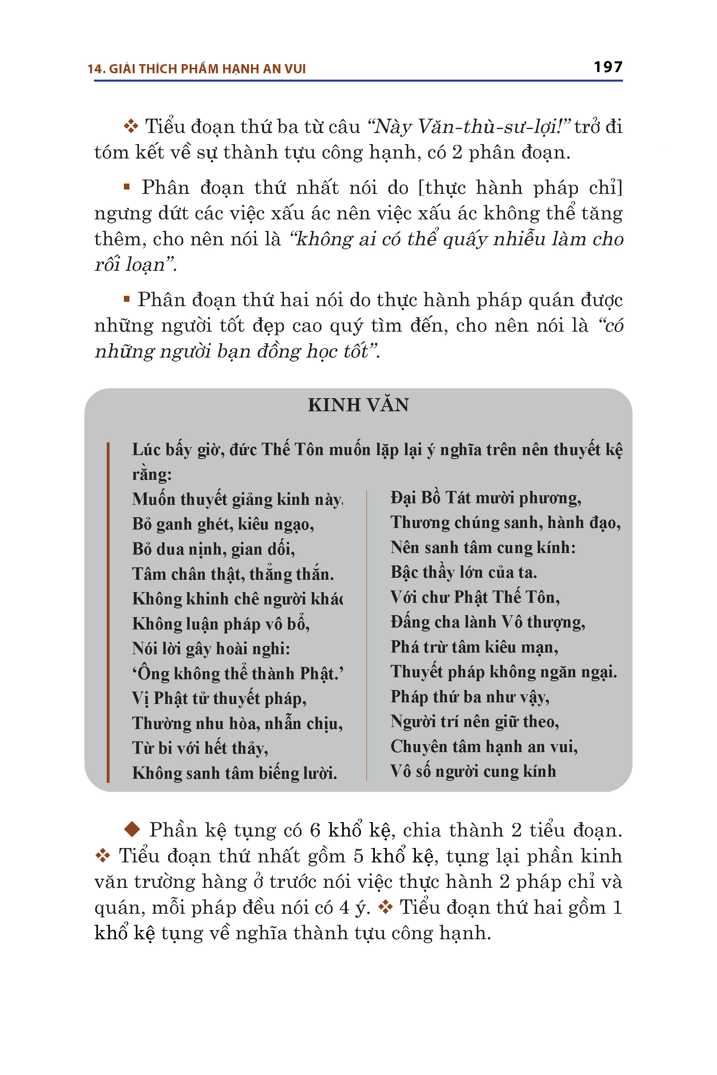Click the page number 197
(608, 67)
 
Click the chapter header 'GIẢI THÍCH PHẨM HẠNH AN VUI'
(207, 69)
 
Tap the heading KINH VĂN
(358, 405)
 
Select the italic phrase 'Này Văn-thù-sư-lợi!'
(468, 127)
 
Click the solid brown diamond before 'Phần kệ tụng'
(132, 829)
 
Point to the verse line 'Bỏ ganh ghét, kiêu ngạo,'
(223, 524)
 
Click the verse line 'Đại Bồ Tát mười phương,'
(486, 498)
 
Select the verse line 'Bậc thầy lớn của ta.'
(464, 572)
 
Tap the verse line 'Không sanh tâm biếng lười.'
(234, 773)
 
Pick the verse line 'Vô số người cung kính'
(473, 771)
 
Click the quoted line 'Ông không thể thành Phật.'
(238, 674)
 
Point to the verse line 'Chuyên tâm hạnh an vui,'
(484, 747)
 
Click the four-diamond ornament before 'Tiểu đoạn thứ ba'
(131, 127)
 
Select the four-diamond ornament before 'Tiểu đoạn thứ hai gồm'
(386, 907)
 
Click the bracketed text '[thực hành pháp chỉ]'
(520, 188)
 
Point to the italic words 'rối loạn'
(129, 265)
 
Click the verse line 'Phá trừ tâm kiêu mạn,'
(474, 647)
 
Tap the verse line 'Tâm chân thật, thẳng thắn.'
(233, 574)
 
